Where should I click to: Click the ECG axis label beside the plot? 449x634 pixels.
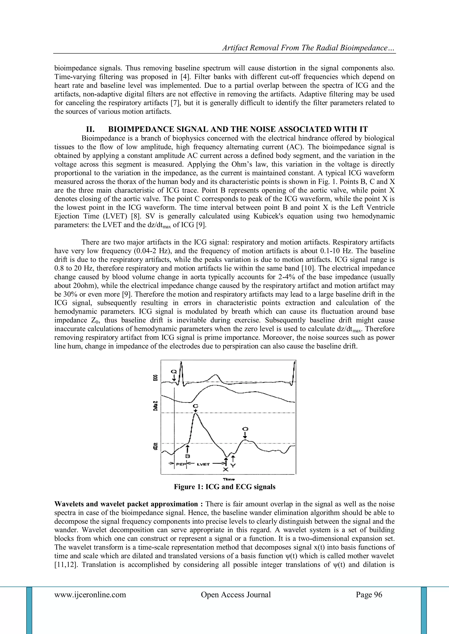tap(156, 378)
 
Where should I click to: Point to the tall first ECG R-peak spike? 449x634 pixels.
tap(181, 367)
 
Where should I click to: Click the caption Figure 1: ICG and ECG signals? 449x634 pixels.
tap(224, 487)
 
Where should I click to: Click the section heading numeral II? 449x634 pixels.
tap(91, 129)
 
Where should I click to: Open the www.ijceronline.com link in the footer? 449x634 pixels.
tap(90, 595)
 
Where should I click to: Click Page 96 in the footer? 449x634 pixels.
tap(369, 595)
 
